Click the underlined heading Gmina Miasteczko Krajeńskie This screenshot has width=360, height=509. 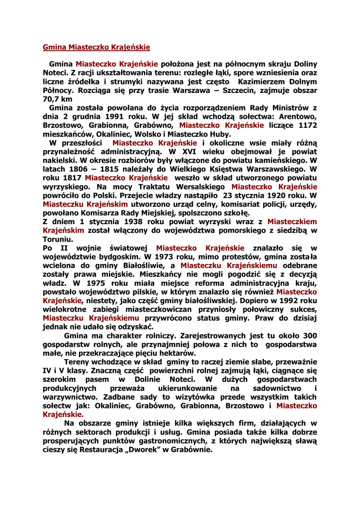96,48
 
